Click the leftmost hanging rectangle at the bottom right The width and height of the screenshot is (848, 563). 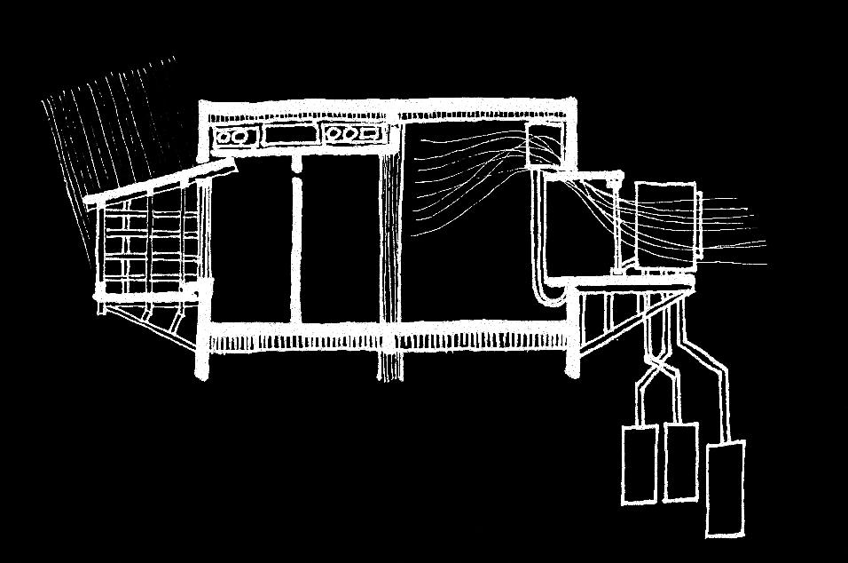tap(639, 464)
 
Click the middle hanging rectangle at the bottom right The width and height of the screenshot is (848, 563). tap(680, 462)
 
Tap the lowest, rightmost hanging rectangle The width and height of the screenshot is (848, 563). tap(725, 488)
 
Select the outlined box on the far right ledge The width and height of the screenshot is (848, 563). tap(665, 226)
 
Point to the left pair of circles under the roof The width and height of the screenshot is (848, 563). tap(233, 137)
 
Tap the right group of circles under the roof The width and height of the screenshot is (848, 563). tap(353, 135)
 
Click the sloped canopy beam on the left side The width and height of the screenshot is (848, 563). tap(160, 184)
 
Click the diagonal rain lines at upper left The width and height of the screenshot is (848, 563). tap(106, 133)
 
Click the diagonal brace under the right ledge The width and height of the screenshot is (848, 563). tap(621, 324)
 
